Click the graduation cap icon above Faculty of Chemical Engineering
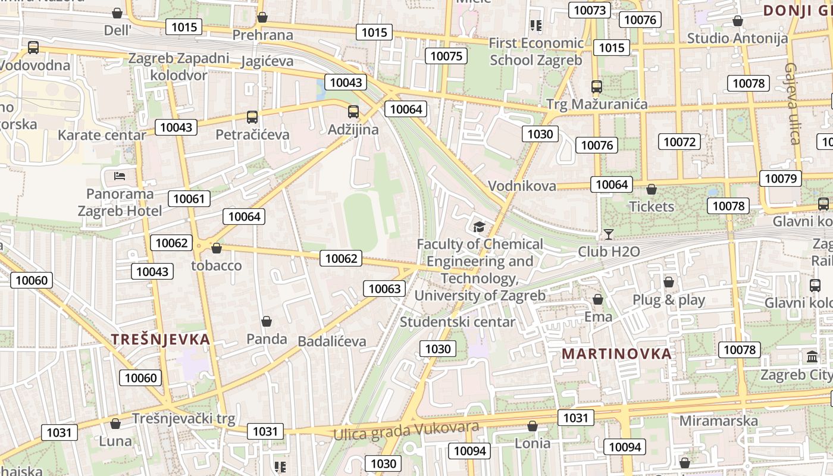479,227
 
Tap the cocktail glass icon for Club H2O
608,234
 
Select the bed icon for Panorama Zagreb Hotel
120,176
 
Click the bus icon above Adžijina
353,111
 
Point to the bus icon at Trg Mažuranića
597,87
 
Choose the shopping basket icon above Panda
267,322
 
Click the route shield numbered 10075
446,56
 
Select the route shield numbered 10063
384,289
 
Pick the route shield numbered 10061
189,199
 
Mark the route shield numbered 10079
780,178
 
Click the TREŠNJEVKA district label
161,340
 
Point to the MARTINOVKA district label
616,353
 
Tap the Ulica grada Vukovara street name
406,431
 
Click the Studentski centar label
458,322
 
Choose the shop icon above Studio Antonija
737,21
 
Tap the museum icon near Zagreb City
812,357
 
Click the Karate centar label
102,135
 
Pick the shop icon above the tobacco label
217,248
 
